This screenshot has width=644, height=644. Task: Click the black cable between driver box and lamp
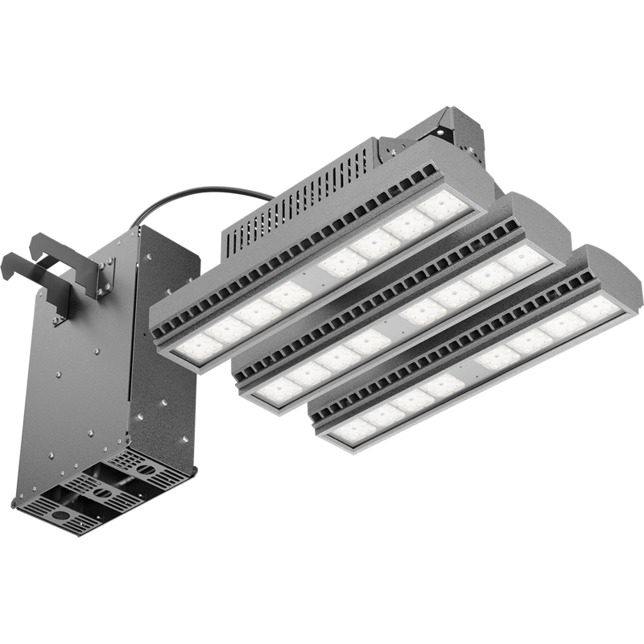pyautogui.click(x=201, y=192)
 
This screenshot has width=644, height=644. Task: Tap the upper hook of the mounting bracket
pyautogui.click(x=48, y=242)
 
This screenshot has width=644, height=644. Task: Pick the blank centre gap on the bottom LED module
pyautogui.click(x=465, y=372)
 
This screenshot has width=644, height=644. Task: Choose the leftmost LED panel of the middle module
pyautogui.click(x=278, y=390)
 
